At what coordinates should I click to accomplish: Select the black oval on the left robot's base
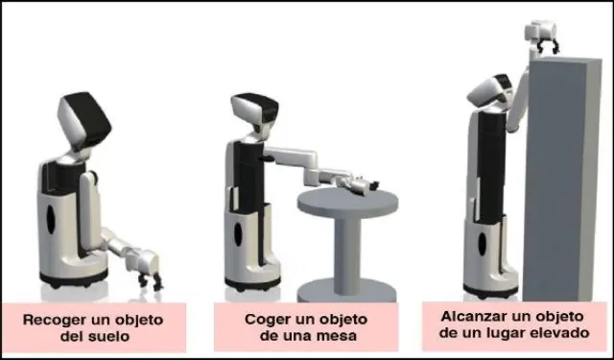(51, 220)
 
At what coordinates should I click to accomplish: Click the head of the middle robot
(254, 109)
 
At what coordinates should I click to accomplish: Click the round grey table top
(347, 203)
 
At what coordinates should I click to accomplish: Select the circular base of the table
(347, 291)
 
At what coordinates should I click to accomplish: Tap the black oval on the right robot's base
(482, 244)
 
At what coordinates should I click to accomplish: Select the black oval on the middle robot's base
(238, 234)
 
